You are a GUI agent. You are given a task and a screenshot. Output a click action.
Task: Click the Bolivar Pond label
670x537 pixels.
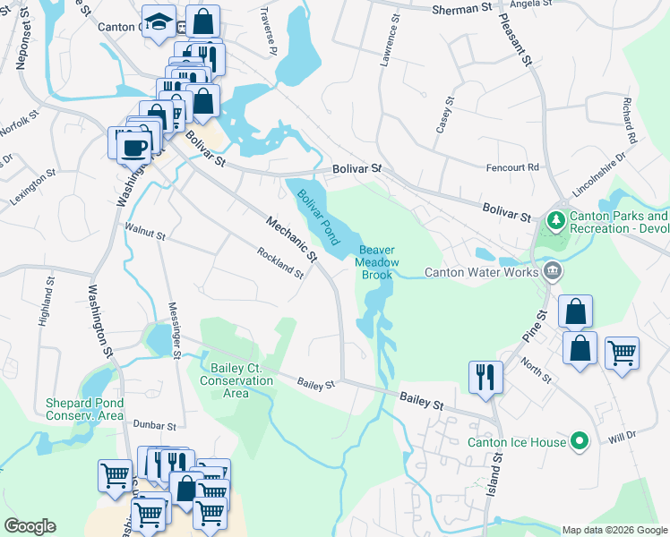point(319,217)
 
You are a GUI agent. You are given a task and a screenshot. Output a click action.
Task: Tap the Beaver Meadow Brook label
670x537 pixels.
point(378,262)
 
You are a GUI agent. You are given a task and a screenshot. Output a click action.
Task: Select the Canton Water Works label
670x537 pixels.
point(481,272)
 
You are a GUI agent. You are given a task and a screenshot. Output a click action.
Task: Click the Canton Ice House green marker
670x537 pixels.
point(579,441)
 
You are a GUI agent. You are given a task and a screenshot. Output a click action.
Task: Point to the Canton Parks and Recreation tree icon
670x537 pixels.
point(555,219)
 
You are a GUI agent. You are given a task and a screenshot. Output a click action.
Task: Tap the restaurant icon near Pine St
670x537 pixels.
point(485,376)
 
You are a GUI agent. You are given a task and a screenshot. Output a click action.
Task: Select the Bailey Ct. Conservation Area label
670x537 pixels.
point(242,374)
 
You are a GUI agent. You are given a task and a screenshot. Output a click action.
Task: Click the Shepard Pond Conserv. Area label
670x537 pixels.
point(84,409)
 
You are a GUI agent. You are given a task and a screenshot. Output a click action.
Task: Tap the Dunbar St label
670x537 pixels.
point(151,427)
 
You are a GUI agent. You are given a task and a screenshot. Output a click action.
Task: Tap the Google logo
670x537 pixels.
point(29,526)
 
